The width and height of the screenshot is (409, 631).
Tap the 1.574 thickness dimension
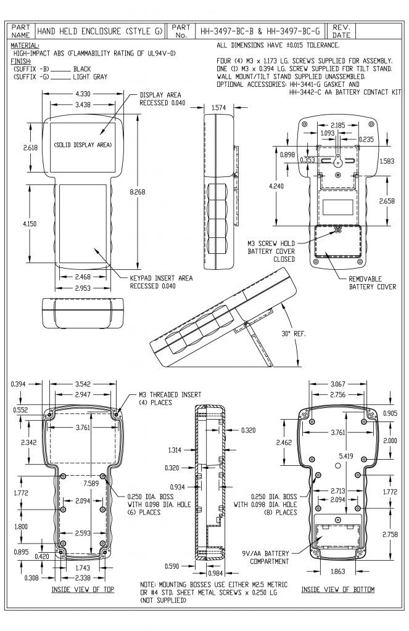(218, 108)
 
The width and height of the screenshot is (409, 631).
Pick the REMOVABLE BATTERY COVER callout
(369, 283)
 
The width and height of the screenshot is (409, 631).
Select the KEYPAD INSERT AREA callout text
(161, 282)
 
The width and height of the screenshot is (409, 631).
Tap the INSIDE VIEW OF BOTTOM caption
(337, 590)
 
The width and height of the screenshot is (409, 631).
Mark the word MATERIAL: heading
(25, 46)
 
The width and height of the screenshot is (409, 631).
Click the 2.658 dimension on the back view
(386, 202)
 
